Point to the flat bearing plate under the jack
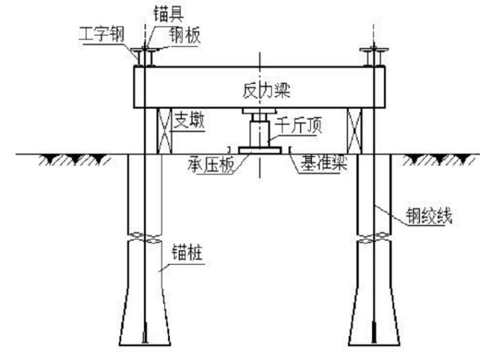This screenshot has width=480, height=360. (260, 150)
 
